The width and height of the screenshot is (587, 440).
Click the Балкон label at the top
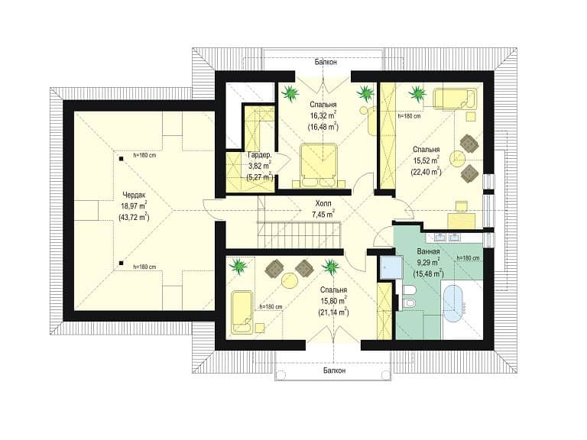(x=326, y=62)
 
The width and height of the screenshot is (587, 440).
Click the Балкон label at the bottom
(x=334, y=370)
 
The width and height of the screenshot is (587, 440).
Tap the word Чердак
(x=134, y=195)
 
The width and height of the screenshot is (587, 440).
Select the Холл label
(x=323, y=204)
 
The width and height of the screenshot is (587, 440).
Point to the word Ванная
(x=428, y=251)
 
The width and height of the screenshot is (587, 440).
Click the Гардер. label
(x=259, y=155)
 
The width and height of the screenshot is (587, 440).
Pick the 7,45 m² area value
(x=323, y=214)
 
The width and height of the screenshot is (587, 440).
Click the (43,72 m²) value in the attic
(x=134, y=217)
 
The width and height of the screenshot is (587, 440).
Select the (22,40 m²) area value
(x=426, y=171)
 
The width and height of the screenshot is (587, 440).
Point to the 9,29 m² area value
(x=428, y=262)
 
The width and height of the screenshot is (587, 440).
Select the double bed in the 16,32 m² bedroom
(x=319, y=165)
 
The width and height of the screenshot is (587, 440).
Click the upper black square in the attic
(x=121, y=159)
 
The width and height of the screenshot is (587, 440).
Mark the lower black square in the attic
(x=121, y=263)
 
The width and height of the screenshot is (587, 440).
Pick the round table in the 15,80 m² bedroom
(x=290, y=280)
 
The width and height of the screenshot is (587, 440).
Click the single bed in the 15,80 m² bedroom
(x=242, y=312)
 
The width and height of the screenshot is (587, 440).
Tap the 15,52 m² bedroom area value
(x=426, y=161)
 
